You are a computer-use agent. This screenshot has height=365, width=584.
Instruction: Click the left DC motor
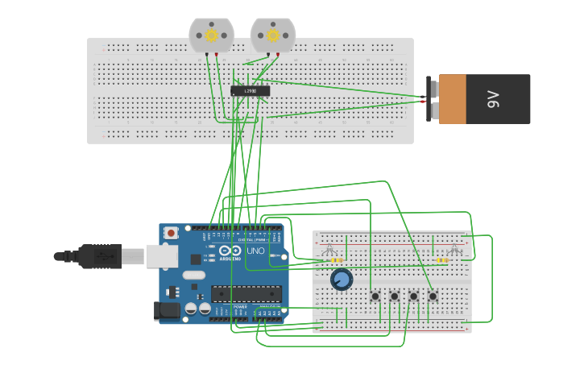pos(211,35)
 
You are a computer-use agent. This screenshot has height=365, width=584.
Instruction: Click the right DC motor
pos(273,35)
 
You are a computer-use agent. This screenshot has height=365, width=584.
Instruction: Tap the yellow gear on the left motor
pos(212,35)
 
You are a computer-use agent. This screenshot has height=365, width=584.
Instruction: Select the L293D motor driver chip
pos(250,91)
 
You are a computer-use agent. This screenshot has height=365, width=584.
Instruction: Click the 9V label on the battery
pos(493,99)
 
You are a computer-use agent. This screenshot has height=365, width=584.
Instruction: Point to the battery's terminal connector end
pos(433,98)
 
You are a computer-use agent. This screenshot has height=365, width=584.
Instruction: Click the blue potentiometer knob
pos(342,280)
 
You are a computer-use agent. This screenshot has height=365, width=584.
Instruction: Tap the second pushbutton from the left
pos(394,297)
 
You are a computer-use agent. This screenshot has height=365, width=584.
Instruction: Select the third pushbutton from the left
pos(413,297)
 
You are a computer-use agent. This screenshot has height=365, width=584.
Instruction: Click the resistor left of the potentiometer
pos(335,260)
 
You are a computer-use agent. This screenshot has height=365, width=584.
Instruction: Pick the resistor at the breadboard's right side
pos(442,260)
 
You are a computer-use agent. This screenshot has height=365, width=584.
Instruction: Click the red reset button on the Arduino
pos(170,234)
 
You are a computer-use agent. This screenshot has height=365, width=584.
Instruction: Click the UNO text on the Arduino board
pos(255,251)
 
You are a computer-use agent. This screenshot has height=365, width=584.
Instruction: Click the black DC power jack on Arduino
pos(166,310)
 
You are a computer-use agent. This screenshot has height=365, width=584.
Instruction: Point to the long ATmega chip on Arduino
pos(246,296)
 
